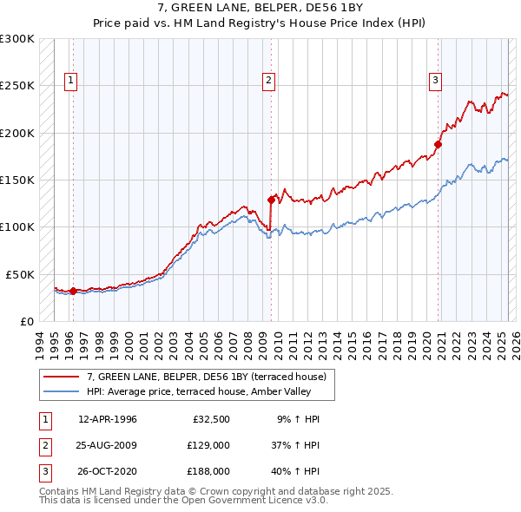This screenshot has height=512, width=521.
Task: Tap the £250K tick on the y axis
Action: tap(17, 86)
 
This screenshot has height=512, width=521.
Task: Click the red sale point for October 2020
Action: tap(438, 144)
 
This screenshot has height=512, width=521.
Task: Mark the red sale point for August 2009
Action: tap(272, 200)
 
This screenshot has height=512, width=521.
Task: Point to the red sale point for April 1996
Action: tap(73, 291)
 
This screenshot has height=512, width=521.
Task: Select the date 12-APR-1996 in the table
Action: tap(107, 419)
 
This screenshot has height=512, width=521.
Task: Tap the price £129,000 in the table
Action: tap(208, 445)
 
